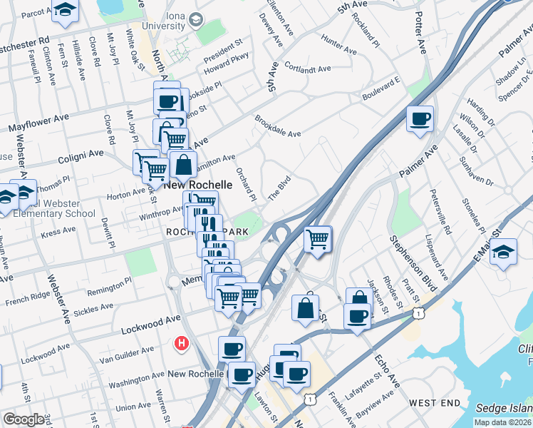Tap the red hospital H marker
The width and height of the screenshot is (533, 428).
point(182,344)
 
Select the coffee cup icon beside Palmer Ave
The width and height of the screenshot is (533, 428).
point(420,118)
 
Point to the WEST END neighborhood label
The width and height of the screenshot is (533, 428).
point(434,403)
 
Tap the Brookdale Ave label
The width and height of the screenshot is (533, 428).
point(278,126)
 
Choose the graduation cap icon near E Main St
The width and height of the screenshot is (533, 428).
point(503,253)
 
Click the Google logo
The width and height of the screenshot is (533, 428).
point(24,419)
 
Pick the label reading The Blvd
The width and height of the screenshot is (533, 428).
point(279,188)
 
